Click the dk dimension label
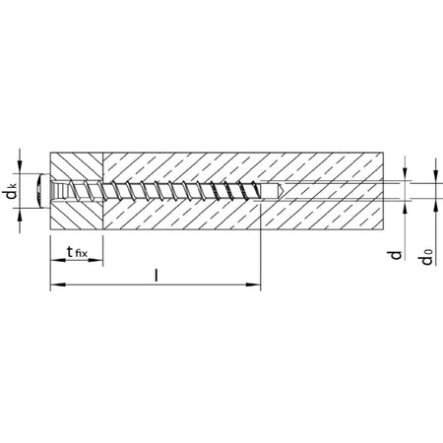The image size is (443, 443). tap(12, 192)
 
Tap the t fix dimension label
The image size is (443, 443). tap(77, 252)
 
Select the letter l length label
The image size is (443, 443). tap(157, 276)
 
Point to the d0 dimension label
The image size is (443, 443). tap(426, 257)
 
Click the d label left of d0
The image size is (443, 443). tap(396, 255)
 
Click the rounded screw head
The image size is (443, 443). tap(44, 191)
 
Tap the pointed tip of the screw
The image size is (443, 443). tap(283, 190)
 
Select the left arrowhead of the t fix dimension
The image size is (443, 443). tap(57, 261)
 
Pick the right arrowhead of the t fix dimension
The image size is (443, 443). tap(95, 261)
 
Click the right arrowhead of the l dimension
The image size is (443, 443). tap(253, 285)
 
